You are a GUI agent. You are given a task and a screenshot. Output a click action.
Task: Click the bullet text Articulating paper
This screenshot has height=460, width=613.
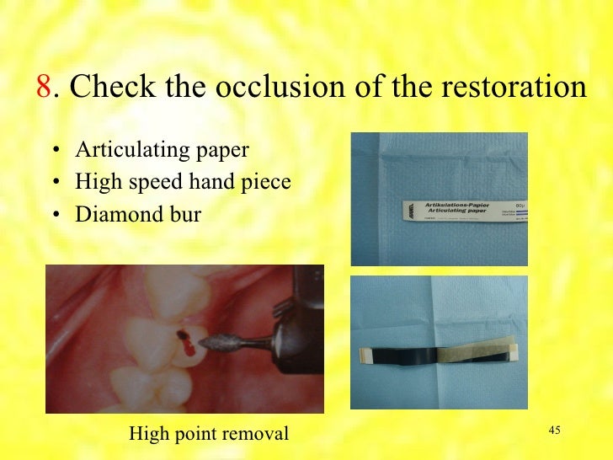(162, 150)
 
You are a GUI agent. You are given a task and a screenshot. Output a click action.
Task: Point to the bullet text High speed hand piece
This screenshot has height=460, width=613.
(182, 182)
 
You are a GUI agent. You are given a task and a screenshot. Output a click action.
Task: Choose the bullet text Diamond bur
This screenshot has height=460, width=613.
(138, 214)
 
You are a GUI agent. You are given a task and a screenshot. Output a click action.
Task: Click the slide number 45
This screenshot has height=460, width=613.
(554, 431)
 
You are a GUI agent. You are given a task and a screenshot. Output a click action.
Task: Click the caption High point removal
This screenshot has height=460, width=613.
(208, 434)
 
